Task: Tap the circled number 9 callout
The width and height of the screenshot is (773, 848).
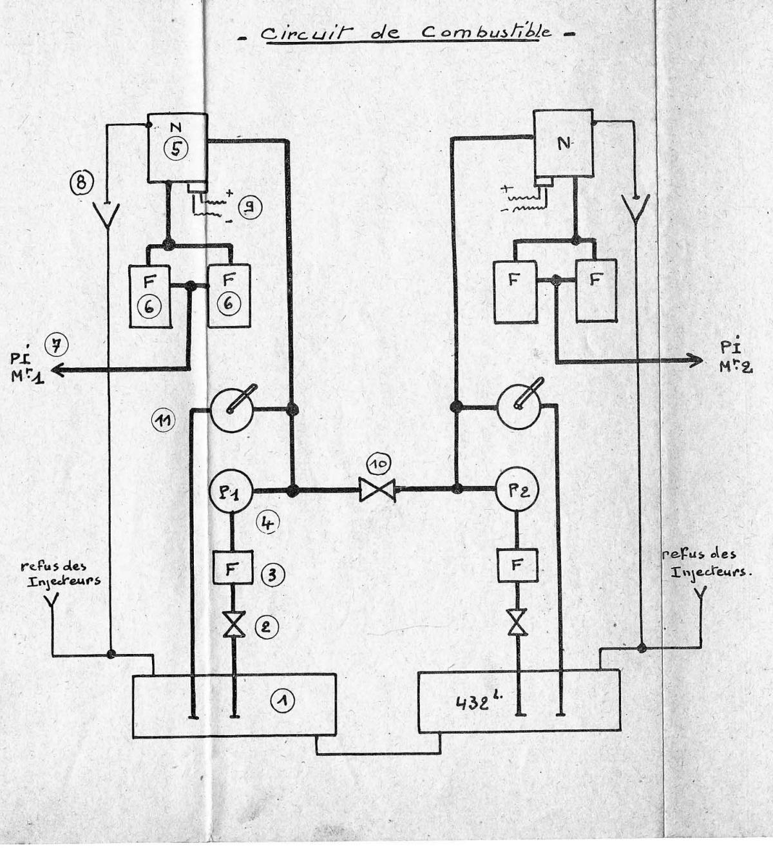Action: pyautogui.click(x=249, y=207)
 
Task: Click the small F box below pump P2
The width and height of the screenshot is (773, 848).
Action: pyautogui.click(x=517, y=565)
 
